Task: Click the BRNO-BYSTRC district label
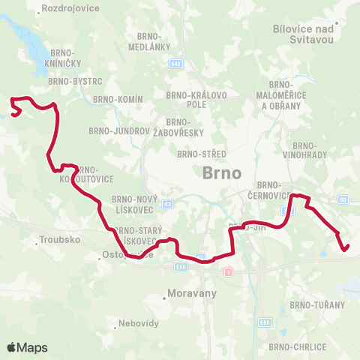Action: pyautogui.click(x=69, y=80)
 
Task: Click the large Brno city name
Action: pyautogui.click(x=222, y=172)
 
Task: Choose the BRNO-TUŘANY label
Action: pyautogui.click(x=317, y=305)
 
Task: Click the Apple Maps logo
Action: pyautogui.click(x=27, y=347)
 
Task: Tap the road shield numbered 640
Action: pyautogui.click(x=175, y=64)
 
